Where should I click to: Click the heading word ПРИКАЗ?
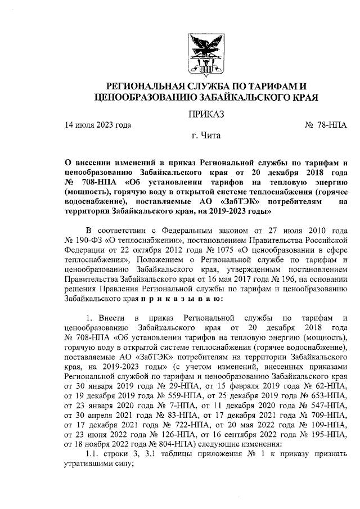206,114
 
